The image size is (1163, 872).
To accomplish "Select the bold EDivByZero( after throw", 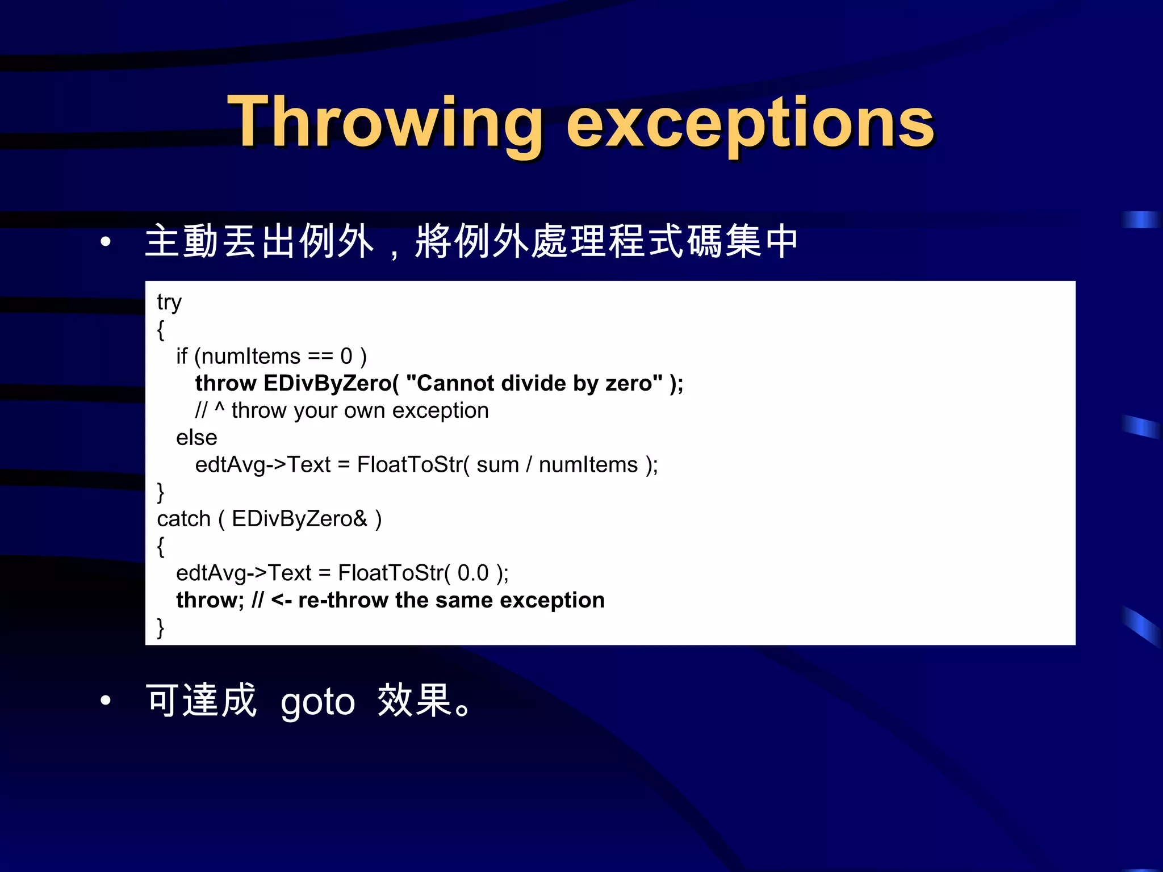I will (331, 384).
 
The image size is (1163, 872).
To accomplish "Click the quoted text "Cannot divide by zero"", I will (534, 384).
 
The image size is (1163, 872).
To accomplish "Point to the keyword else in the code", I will (196, 438).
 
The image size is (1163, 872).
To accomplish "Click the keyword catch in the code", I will (183, 519).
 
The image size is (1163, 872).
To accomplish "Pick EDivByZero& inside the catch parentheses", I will (299, 519).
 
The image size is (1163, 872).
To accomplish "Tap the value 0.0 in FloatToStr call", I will (472, 573).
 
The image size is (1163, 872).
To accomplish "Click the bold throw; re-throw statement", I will (210, 601).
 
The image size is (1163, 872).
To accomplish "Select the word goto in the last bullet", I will (317, 702).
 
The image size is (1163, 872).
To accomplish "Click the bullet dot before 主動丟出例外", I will (105, 242).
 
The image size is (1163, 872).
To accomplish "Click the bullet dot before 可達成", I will (105, 701).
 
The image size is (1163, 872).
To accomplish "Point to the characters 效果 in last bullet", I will (415, 701).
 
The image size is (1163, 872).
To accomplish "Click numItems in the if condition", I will (250, 357).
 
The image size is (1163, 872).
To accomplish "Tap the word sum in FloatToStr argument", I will (497, 465).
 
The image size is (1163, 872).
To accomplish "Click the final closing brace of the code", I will (161, 628).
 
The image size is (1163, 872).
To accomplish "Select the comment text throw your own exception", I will (359, 410).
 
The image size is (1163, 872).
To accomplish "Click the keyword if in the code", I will (181, 357).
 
